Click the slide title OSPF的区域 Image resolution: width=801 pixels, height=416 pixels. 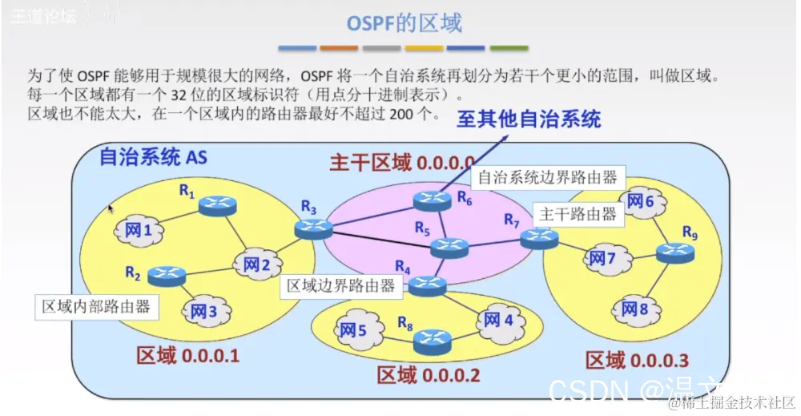(404, 22)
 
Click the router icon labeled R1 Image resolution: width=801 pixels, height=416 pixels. (218, 205)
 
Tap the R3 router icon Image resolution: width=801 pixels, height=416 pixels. (312, 228)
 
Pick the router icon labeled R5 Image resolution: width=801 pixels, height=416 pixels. (449, 248)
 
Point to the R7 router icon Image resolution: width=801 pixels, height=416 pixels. (538, 237)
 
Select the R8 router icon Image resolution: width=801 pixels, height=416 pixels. (433, 341)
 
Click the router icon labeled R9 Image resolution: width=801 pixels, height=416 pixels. (674, 253)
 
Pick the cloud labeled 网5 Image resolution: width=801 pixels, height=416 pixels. (351, 329)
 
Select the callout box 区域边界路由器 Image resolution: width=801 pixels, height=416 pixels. (340, 285)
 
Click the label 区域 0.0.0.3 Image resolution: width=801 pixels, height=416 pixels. (637, 360)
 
